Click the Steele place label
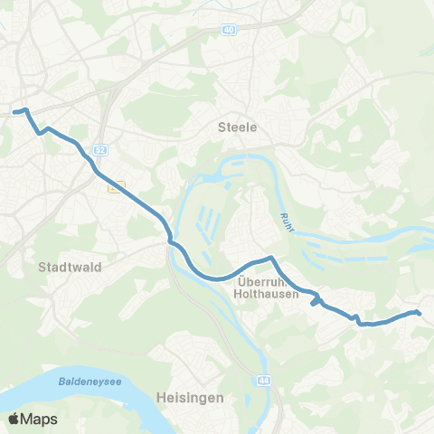(239, 127)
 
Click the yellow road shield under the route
(115, 187)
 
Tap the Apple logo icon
(14, 419)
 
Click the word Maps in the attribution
(40, 419)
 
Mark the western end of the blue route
(14, 112)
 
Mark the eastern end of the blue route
(420, 313)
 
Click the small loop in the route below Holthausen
(316, 300)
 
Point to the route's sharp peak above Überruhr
(269, 259)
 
